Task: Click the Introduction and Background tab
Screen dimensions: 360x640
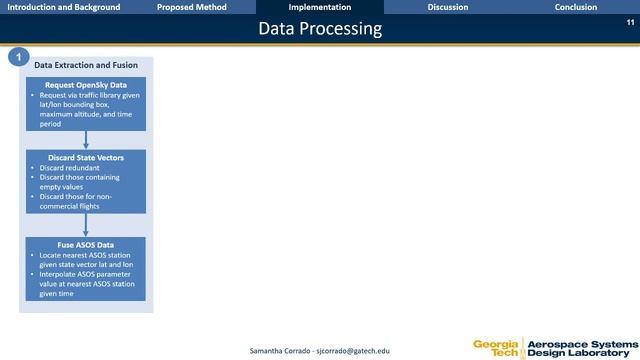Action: pos(64,7)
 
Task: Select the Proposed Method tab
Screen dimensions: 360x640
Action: pos(192,7)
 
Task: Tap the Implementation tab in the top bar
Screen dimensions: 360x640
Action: pos(319,7)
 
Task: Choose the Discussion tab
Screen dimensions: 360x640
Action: pos(447,7)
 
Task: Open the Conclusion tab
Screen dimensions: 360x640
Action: pos(576,7)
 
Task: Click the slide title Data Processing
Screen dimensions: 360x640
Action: pos(320,29)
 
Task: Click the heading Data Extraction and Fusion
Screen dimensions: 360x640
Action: pos(86,65)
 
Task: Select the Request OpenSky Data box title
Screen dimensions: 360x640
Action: pos(86,85)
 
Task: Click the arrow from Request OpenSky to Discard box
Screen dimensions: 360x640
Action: pos(86,140)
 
